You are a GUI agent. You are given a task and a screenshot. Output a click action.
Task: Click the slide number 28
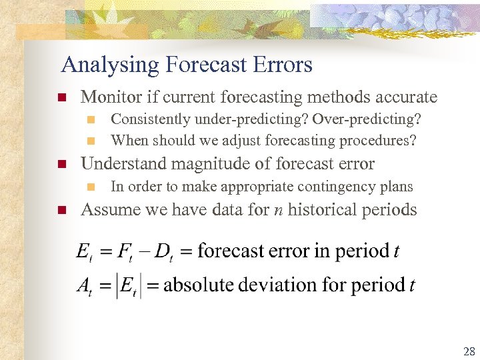click(469, 352)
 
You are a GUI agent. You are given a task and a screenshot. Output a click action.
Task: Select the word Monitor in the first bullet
click(109, 97)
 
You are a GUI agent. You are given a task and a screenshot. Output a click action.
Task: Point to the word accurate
click(407, 97)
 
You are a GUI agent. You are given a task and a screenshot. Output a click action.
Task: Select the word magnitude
click(205, 164)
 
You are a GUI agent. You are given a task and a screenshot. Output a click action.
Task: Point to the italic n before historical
click(278, 211)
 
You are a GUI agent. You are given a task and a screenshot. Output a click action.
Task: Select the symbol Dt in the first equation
click(163, 252)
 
